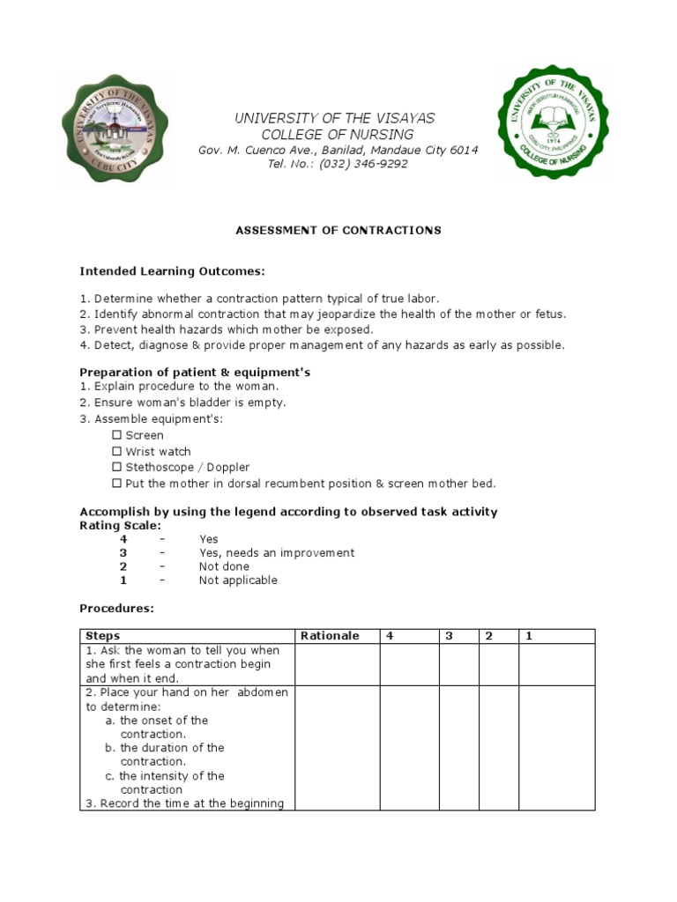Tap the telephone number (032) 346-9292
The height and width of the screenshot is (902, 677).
point(363,164)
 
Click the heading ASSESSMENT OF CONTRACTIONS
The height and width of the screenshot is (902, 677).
point(338,230)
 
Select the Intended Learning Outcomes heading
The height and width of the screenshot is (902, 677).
point(172,270)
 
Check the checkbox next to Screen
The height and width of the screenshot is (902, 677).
point(116,435)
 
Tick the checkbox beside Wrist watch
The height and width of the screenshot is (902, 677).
point(116,451)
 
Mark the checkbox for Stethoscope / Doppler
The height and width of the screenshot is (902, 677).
point(116,467)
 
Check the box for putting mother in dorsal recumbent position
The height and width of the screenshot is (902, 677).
point(116,483)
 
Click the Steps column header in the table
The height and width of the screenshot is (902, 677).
point(103,636)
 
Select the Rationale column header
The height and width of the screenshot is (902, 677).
point(330,636)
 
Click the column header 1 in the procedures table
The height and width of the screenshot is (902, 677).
point(530,636)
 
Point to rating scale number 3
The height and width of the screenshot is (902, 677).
point(123,552)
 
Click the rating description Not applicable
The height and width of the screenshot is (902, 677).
point(238,580)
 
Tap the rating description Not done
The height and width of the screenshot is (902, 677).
point(224,566)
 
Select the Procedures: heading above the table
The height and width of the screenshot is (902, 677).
point(116,608)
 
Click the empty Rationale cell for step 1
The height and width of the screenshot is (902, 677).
point(337,664)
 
